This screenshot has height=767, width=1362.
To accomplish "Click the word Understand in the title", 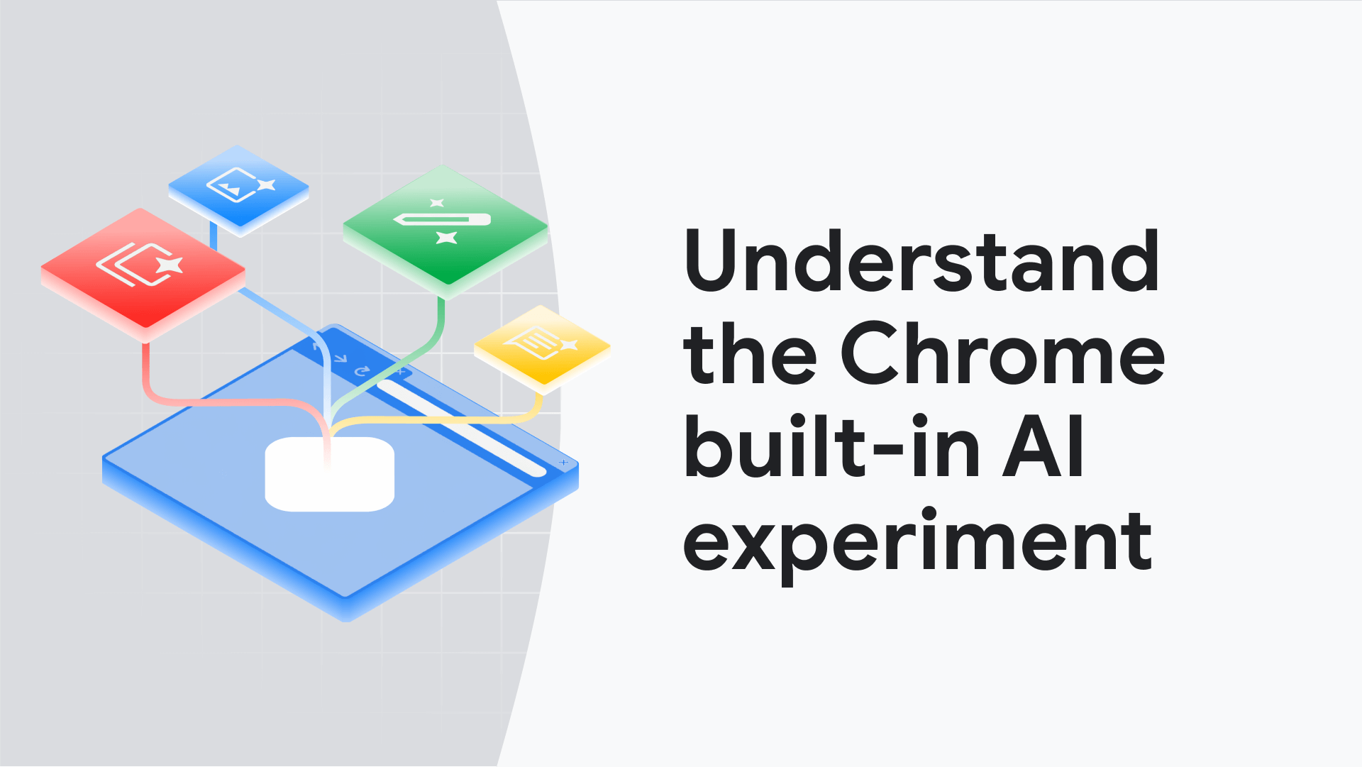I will click(x=921, y=261).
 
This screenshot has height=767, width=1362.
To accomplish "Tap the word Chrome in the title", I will click(x=1002, y=353).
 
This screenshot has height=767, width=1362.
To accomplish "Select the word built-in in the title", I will click(x=831, y=447).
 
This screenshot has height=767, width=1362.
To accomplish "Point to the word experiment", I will click(x=917, y=543).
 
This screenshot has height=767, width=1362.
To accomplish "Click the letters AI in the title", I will click(x=1043, y=447).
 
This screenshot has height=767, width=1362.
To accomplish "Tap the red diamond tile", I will click(x=143, y=268).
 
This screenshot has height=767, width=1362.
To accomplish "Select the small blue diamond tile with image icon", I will click(x=238, y=187).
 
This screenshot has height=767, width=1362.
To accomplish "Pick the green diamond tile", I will click(x=445, y=226).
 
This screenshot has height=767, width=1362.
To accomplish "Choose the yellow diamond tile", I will click(x=543, y=346).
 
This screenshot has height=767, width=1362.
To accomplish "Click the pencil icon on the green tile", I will click(x=443, y=219).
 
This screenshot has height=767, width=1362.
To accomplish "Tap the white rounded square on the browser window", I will click(x=329, y=474).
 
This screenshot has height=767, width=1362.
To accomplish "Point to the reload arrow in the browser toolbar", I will click(x=362, y=370).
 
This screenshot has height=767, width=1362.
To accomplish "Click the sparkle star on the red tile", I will click(x=170, y=265).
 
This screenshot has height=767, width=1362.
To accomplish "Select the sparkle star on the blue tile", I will click(x=265, y=185).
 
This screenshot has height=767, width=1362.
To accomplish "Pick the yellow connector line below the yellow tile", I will click(x=537, y=407).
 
